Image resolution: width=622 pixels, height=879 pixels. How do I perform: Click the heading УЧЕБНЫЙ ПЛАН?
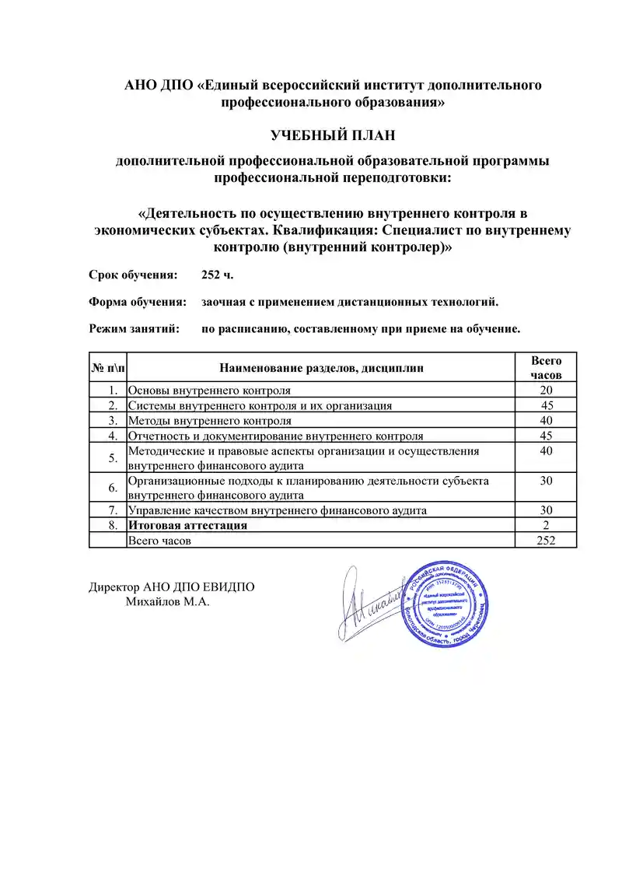click(x=333, y=135)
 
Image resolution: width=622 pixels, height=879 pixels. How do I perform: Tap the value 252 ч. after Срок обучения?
click(x=218, y=275)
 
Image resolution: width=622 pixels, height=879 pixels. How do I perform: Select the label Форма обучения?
click(x=137, y=302)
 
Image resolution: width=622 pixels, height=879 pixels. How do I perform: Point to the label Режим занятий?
click(x=134, y=328)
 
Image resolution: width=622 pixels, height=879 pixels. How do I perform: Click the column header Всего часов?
click(x=546, y=367)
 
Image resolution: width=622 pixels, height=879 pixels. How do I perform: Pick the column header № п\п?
click(x=108, y=367)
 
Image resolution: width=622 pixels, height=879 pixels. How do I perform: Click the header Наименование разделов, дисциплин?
click(x=322, y=368)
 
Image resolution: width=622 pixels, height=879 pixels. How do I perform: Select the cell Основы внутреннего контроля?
click(x=209, y=390)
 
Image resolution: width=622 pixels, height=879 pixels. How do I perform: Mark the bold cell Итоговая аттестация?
click(x=187, y=525)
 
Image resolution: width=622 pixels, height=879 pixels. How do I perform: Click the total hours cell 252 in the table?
click(x=546, y=541)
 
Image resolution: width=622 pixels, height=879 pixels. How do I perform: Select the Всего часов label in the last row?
click(x=159, y=541)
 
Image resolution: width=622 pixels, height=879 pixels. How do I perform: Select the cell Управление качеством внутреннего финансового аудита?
click(x=277, y=510)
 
